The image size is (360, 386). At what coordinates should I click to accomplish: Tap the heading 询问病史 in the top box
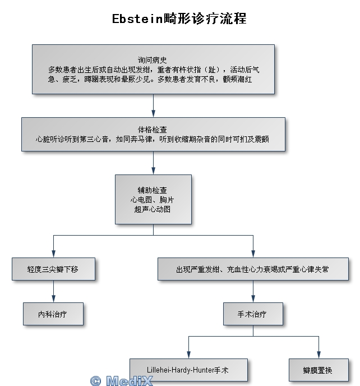tap(153, 60)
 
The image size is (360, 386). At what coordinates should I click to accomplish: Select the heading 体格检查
tap(153, 130)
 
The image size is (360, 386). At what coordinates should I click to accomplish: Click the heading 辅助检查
tap(153, 190)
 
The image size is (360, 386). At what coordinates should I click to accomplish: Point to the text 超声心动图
tap(153, 209)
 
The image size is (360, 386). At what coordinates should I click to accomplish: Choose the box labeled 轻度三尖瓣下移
tap(53, 269)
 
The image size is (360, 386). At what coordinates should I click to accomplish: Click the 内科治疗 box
tap(53, 314)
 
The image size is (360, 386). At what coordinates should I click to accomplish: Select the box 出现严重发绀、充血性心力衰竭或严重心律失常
tap(253, 269)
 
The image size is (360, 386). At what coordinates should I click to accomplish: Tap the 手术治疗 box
tap(253, 314)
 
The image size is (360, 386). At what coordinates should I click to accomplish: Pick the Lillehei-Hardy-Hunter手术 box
tap(188, 370)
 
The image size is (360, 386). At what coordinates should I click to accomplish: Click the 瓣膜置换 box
tap(319, 370)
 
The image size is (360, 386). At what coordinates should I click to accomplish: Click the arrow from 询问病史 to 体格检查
tap(153, 105)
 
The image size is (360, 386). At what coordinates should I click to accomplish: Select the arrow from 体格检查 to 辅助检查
tap(153, 163)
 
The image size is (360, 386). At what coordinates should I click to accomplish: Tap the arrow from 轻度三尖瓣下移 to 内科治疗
tap(53, 292)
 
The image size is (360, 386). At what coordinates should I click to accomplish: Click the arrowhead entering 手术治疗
tap(253, 299)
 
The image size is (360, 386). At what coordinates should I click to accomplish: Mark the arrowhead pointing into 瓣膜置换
tap(319, 355)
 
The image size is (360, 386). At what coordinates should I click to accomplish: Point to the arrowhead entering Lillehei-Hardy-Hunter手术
tap(188, 355)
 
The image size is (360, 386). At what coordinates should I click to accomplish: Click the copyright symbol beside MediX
tap(95, 381)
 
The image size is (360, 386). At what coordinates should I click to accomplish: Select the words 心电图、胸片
tap(153, 200)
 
